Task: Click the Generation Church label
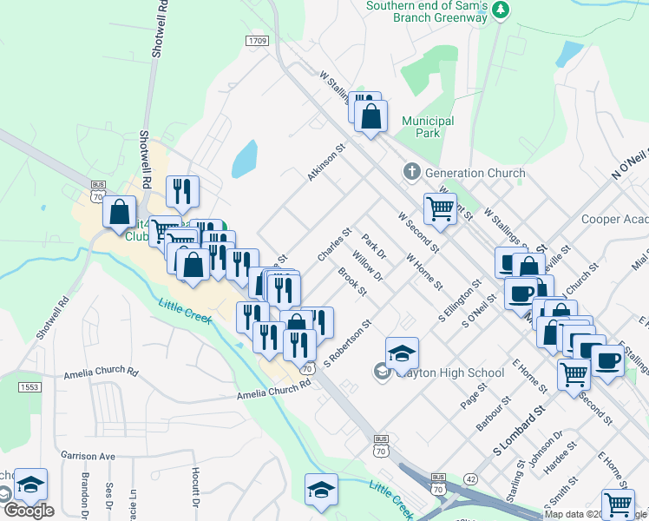[x=475, y=173]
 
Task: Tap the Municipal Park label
[x=428, y=127]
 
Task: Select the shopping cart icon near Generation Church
[x=440, y=208]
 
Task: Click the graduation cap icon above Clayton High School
[x=402, y=353]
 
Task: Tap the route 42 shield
[x=470, y=478]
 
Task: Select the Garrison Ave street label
[x=88, y=455]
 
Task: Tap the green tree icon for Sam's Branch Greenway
[x=500, y=10]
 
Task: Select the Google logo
[x=28, y=511]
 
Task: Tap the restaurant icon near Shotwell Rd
[x=181, y=190]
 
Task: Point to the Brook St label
[x=352, y=282]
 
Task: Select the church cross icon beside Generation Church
[x=412, y=173]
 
